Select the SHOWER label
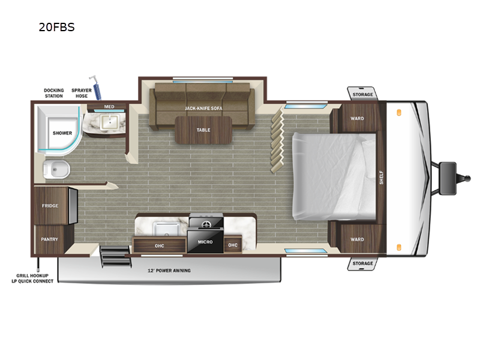[62, 133]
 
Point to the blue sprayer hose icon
[96, 87]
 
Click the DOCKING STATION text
[53, 94]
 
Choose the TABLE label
[203, 130]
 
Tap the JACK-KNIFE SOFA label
[203, 108]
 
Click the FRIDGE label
[50, 206]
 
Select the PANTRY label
[49, 239]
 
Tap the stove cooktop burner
[206, 224]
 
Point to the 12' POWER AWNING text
[169, 271]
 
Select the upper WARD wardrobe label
[357, 118]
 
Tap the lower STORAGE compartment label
[362, 263]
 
